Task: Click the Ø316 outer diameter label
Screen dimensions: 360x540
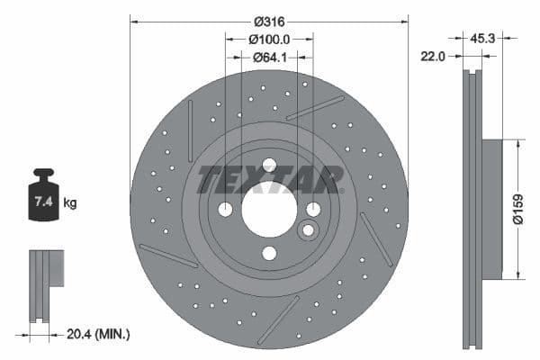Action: click(269, 20)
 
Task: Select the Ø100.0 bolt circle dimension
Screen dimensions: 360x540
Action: click(269, 40)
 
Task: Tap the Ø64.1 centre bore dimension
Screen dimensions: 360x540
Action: click(269, 58)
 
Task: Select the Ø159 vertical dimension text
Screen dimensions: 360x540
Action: click(530, 209)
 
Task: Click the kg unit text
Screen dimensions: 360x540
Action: click(69, 203)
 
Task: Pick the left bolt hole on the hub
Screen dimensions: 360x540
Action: click(225, 210)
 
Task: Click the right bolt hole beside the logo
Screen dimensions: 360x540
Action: click(313, 210)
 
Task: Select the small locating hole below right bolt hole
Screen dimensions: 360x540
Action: click(308, 230)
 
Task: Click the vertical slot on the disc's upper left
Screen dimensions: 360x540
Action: click(191, 130)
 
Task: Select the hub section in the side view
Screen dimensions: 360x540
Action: click(491, 209)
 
